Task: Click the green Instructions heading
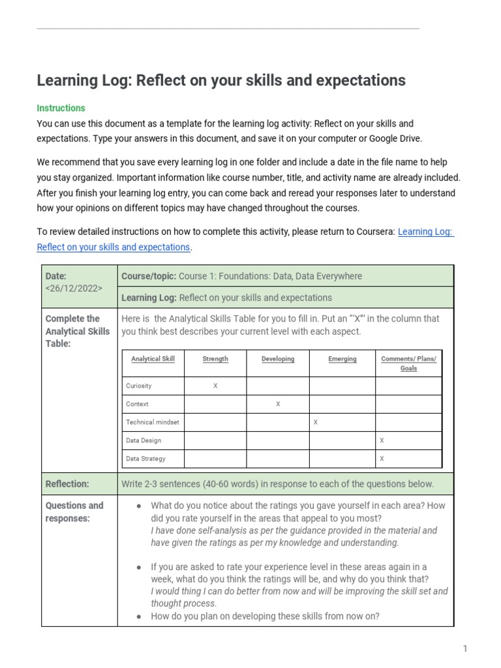(x=61, y=108)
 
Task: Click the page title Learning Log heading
(x=221, y=81)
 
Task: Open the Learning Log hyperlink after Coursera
(x=425, y=232)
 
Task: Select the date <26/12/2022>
(x=74, y=288)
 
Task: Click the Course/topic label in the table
(x=149, y=276)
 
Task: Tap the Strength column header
(x=215, y=359)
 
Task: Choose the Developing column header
(x=278, y=359)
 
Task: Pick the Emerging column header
(x=342, y=359)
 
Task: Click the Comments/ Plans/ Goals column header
(x=408, y=363)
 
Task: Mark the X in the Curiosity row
(x=215, y=386)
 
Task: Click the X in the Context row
(x=278, y=404)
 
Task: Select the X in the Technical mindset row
(x=316, y=423)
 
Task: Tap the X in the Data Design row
(x=382, y=441)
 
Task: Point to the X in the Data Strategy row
(x=382, y=459)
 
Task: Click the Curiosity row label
(x=138, y=386)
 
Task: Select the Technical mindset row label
(x=152, y=423)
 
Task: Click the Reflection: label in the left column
(x=67, y=484)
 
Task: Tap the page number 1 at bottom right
(x=465, y=648)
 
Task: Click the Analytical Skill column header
(x=153, y=359)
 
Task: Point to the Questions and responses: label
(x=74, y=512)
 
